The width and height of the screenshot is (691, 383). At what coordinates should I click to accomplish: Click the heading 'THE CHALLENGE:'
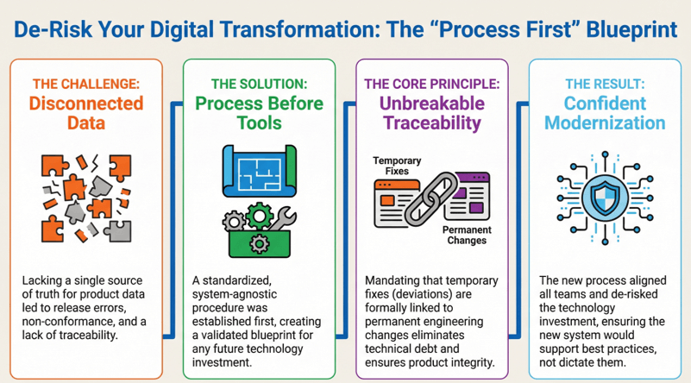click(x=86, y=84)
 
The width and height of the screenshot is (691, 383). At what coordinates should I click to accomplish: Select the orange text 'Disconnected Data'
click(x=86, y=112)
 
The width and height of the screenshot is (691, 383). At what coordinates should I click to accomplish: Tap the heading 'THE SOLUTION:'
click(x=260, y=84)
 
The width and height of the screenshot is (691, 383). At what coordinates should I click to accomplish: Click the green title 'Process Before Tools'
click(x=260, y=112)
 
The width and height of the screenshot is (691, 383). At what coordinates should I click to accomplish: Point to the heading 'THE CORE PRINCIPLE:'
click(x=431, y=84)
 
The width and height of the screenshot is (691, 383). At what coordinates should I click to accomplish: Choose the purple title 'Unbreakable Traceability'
click(x=431, y=112)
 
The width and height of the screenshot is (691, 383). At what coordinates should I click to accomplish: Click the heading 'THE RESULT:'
click(x=604, y=84)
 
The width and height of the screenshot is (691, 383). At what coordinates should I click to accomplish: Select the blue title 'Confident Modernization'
click(x=604, y=112)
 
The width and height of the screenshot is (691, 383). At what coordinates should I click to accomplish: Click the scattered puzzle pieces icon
click(x=85, y=197)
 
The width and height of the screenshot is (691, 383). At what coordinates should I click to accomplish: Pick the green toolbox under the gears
click(x=260, y=242)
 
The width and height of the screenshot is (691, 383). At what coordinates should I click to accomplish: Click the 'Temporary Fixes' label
click(x=396, y=166)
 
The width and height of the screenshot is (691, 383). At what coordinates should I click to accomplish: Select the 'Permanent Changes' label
click(x=467, y=235)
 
